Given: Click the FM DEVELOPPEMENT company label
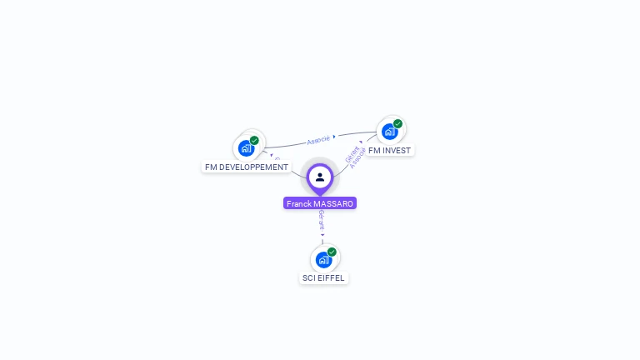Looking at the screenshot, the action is click(x=247, y=167).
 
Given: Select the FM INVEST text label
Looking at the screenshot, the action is click(x=389, y=151).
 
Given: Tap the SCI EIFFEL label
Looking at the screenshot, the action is click(x=323, y=278).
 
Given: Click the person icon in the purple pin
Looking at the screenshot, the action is click(x=320, y=177).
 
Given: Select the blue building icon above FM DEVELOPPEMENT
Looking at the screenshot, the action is click(x=246, y=148).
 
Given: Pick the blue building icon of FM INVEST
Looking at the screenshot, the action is click(x=389, y=132).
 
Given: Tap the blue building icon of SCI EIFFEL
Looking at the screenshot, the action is click(x=323, y=260).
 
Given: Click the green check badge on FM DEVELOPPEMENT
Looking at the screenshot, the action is click(x=254, y=140).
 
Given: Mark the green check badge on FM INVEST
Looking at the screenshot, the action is click(x=397, y=123).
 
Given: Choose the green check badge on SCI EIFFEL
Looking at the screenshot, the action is click(x=332, y=252).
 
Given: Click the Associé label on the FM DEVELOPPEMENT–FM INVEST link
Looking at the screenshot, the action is click(x=317, y=140).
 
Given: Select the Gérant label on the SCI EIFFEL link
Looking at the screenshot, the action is click(x=322, y=219).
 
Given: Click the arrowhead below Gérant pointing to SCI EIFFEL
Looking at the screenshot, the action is click(x=322, y=235).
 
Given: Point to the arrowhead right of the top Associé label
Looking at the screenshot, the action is click(x=334, y=137).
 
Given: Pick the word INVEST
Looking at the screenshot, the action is click(x=396, y=151).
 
